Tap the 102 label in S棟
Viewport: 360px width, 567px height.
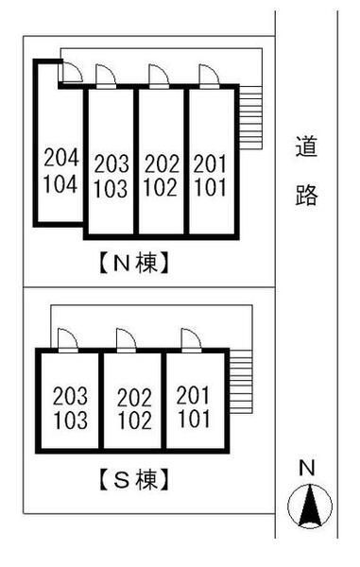pos(133,420)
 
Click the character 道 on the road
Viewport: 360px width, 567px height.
pos(305,148)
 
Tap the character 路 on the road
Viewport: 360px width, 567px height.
pos(305,195)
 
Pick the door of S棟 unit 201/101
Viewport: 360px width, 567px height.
pos(186,339)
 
